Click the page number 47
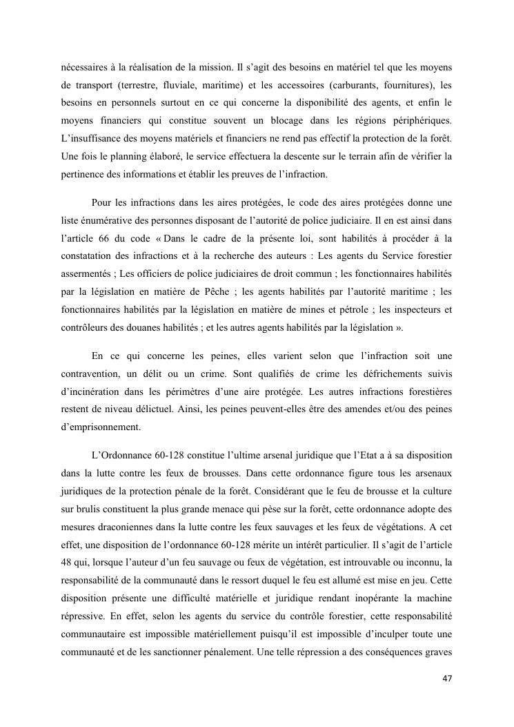click(x=446, y=679)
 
